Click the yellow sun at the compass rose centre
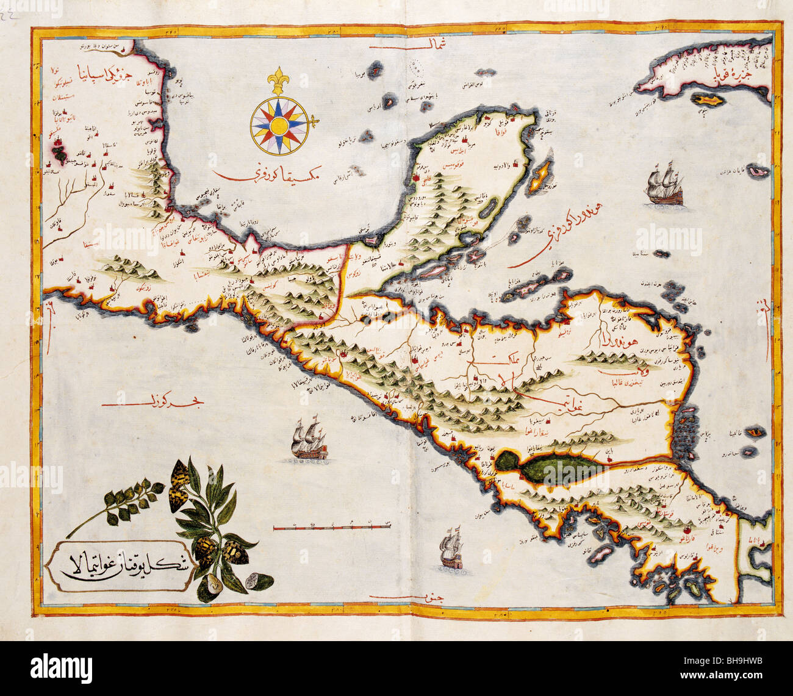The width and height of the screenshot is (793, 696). pos(279,126)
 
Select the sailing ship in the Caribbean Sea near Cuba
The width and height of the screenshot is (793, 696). pos(664,183)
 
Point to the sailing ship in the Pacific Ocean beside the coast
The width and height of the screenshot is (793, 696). pos(309,437)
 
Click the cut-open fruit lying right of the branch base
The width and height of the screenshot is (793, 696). pos(251,583)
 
